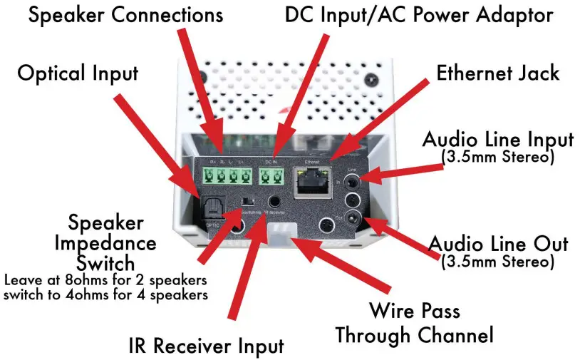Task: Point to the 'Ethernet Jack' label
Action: click(x=498, y=72)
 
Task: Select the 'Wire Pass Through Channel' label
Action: click(x=414, y=322)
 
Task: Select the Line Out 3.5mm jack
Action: click(x=352, y=218)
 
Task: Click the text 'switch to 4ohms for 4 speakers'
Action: click(x=105, y=293)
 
